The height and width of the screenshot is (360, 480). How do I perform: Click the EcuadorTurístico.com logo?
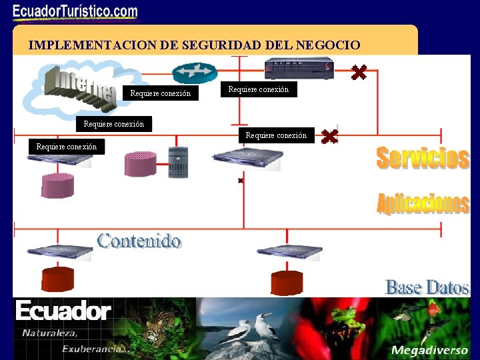click(x=75, y=11)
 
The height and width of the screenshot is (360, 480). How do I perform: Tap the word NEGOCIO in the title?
click(x=328, y=45)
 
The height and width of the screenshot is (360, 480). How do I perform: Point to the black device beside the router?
click(x=299, y=68)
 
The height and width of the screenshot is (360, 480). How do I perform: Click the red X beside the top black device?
click(x=359, y=71)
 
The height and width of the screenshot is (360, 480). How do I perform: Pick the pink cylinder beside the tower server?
click(x=140, y=164)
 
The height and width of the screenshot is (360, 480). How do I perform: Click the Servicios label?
click(x=423, y=158)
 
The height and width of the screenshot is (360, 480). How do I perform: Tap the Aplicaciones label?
click(x=423, y=203)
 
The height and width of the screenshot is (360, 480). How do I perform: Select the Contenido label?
click(x=139, y=241)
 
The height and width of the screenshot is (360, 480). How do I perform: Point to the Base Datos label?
click(x=427, y=287)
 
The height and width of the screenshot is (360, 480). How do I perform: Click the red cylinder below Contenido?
click(x=58, y=279)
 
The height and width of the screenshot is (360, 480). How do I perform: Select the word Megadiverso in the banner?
click(x=425, y=350)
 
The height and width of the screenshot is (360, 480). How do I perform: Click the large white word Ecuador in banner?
click(x=63, y=311)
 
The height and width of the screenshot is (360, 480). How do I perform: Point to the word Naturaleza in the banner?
click(x=50, y=333)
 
